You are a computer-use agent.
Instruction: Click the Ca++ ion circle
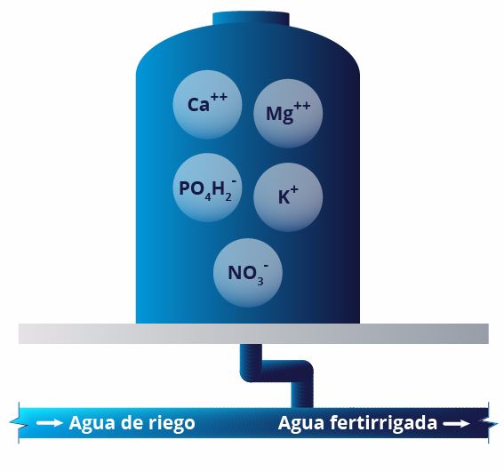(x=207, y=105)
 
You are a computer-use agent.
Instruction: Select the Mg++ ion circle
(x=288, y=114)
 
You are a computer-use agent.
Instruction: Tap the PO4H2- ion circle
(x=207, y=188)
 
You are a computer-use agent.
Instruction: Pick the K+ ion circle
(x=288, y=196)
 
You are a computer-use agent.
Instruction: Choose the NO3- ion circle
(x=248, y=273)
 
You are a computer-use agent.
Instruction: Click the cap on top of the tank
(x=251, y=19)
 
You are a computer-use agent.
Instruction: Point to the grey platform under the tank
(x=253, y=333)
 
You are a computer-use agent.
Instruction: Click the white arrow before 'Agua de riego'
(x=50, y=423)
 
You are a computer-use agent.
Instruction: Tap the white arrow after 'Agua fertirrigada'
(x=456, y=424)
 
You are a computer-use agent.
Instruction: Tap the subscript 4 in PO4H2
(x=208, y=196)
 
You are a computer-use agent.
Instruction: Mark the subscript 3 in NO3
(x=260, y=281)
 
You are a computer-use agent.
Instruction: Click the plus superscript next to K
(x=293, y=190)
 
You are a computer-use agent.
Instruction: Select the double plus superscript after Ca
(x=219, y=97)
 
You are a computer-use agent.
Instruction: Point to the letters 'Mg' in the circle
(x=280, y=114)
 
